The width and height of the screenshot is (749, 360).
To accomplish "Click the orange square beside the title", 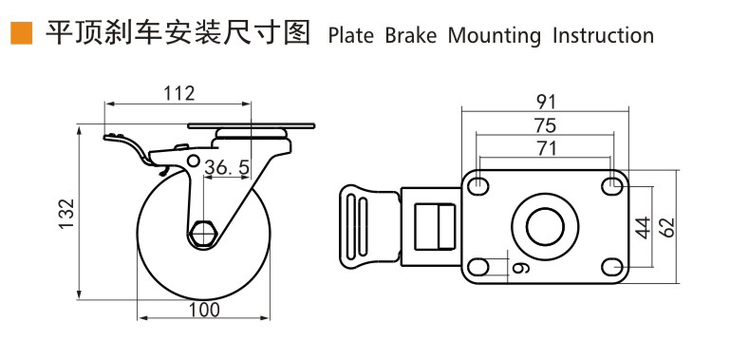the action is pos(22,33).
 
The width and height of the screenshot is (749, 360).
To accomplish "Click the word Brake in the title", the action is pos(411,36).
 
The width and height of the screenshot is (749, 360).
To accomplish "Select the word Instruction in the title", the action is pos(604,36).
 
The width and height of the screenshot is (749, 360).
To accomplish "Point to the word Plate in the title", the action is pos(351,36).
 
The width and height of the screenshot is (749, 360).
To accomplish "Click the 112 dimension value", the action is pos(179,93).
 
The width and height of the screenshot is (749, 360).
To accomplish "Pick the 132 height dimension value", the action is pos(66,214).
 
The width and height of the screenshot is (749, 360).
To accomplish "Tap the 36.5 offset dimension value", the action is pos(227,168).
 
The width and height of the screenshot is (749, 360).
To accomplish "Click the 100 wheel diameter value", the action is pos(204,310).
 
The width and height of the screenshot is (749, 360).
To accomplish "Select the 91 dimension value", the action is pos(546,102).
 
